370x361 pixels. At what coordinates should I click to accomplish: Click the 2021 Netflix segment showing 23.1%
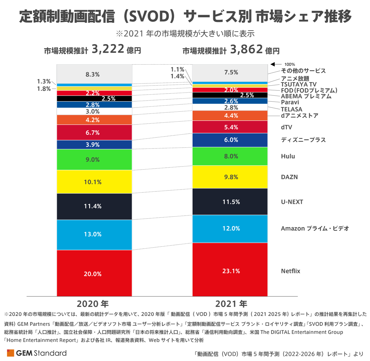pos(230,270)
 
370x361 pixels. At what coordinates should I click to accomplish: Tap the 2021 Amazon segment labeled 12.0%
pos(230,229)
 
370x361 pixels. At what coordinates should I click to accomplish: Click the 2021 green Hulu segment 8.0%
pos(230,156)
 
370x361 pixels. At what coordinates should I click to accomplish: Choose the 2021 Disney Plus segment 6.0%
pos(230,140)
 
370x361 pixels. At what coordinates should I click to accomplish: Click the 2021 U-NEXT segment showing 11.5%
pos(230,202)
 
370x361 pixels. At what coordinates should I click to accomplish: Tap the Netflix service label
pos(290,271)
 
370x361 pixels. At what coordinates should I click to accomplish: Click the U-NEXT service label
pos(292,202)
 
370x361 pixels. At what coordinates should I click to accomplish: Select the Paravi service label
pos(290,102)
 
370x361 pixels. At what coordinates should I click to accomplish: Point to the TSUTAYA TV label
pos(298,84)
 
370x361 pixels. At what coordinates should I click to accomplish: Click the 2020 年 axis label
pos(92,304)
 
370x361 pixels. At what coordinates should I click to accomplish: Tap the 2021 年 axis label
pos(231,304)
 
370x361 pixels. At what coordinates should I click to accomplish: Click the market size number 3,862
pos(246,49)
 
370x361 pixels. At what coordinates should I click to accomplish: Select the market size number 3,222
pos(108,49)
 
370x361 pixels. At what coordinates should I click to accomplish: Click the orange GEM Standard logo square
pos(10,353)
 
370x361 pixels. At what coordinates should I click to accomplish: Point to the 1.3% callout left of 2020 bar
pos(44,82)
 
